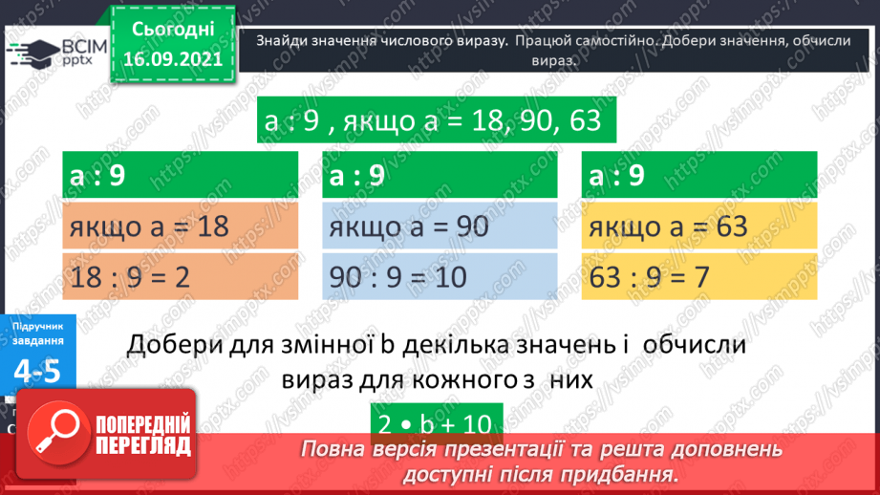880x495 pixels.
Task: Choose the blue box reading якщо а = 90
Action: [x=440, y=227]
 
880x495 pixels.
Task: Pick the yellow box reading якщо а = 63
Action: [x=700, y=227]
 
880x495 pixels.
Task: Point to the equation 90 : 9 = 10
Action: [x=440, y=278]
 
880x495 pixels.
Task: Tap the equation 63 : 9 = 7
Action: [x=700, y=278]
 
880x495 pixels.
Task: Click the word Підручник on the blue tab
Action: [x=39, y=327]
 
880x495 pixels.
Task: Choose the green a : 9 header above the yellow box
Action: [x=700, y=177]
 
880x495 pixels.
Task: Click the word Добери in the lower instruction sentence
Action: [x=170, y=343]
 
